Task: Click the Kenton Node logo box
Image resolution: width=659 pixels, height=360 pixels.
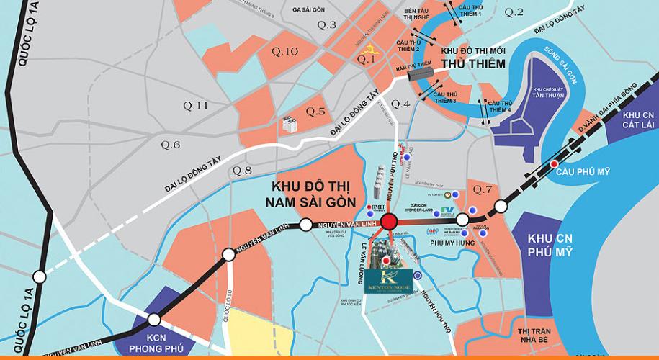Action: click(389, 278)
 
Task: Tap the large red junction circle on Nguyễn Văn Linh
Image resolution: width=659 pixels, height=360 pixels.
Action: click(390, 222)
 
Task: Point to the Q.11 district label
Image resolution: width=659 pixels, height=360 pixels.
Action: click(195, 106)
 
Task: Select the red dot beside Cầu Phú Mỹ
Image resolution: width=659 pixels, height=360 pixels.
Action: click(554, 164)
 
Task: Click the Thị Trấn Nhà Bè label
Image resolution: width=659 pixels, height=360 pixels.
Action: click(533, 335)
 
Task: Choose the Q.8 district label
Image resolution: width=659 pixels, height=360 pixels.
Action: click(242, 171)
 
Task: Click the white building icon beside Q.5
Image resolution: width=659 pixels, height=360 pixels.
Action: click(291, 125)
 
